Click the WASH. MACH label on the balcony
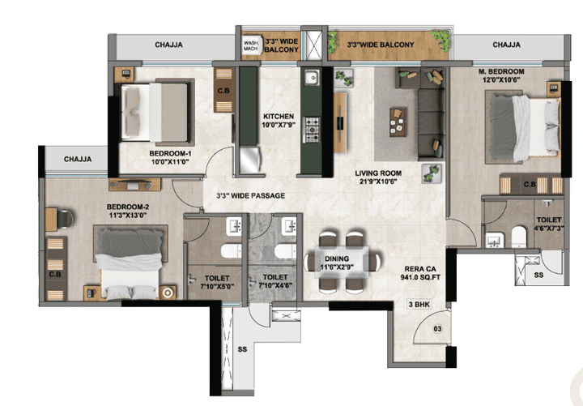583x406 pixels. click(250, 45)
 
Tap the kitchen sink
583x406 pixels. click(312, 78)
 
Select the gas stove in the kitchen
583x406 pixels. click(312, 130)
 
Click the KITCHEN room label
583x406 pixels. click(279, 116)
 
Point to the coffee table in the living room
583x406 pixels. click(398, 122)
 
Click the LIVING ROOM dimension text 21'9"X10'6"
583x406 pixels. click(378, 182)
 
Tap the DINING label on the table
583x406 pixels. click(337, 259)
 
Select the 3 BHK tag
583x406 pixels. click(419, 305)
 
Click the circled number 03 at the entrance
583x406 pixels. click(437, 328)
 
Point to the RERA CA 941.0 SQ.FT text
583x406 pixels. click(420, 273)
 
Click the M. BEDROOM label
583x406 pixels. click(501, 71)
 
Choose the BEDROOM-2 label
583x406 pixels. click(128, 207)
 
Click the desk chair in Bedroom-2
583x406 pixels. click(65, 220)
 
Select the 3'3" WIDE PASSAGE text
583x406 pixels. click(250, 195)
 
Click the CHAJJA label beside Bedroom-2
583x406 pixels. click(78, 160)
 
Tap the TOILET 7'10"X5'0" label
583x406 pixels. click(217, 282)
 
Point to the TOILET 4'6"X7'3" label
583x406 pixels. click(549, 224)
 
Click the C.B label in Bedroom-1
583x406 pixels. click(223, 91)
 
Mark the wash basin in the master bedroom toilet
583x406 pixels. click(495, 240)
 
